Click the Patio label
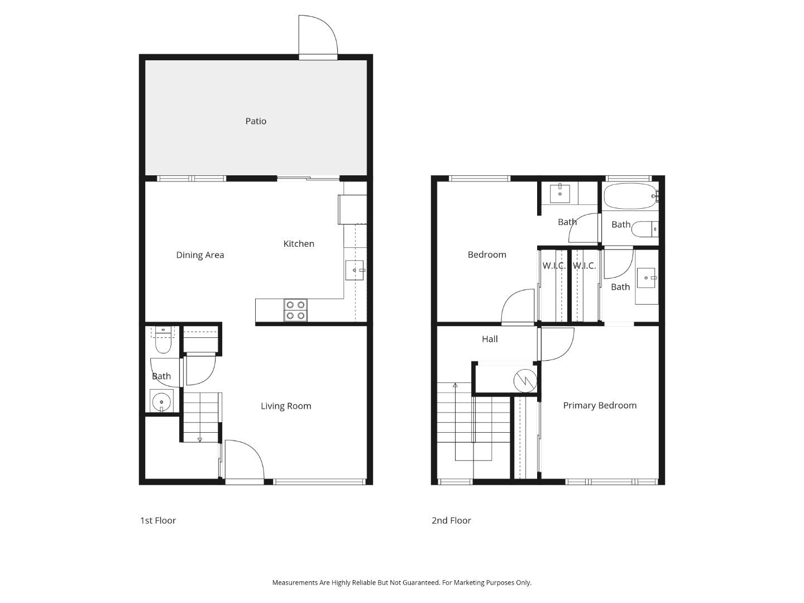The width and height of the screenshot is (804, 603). (x=256, y=121)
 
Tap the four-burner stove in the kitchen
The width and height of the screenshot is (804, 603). (x=295, y=310)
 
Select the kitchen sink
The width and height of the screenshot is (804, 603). (x=355, y=270)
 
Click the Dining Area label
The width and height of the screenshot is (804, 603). (x=200, y=255)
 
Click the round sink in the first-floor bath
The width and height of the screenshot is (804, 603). (x=162, y=401)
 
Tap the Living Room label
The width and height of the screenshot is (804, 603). (x=286, y=406)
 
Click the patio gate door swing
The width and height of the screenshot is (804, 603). (x=317, y=35)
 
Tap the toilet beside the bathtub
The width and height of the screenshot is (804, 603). (x=647, y=229)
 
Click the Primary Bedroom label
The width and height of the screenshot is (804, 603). (x=600, y=405)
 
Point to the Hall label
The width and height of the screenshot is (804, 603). (x=490, y=339)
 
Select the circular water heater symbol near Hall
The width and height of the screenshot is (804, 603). (x=525, y=381)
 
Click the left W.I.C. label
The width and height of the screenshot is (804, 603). (x=554, y=266)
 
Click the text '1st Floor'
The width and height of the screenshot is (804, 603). (x=158, y=520)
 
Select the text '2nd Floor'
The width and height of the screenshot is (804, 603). (x=451, y=520)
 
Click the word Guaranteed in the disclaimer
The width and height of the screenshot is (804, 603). (x=420, y=582)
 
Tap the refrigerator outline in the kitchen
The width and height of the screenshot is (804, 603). (x=352, y=209)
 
